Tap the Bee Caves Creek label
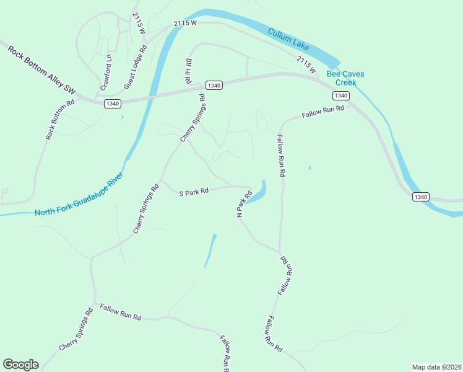(345, 78)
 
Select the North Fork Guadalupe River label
(79, 195)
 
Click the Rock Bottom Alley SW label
(42, 69)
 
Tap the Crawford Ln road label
(107, 70)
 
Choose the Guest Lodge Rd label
(135, 66)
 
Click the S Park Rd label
(194, 192)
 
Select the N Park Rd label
(244, 203)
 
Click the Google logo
(20, 365)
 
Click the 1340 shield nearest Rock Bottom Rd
(112, 103)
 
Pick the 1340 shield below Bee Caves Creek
(340, 95)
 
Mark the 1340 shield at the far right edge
(420, 197)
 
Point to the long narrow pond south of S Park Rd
(210, 250)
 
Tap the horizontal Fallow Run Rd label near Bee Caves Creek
(322, 112)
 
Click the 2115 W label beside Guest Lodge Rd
(137, 23)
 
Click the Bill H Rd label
(188, 71)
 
